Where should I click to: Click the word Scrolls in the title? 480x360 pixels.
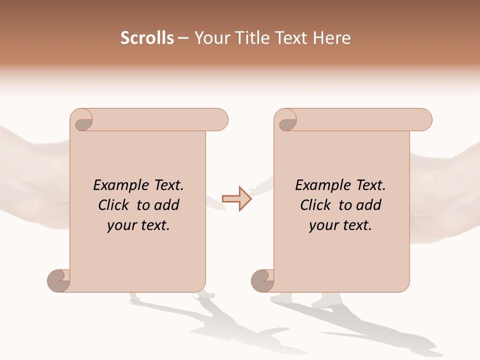147,38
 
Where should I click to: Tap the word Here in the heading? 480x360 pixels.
332,38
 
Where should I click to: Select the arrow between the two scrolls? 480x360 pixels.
237,199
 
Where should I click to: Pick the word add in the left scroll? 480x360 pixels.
167,205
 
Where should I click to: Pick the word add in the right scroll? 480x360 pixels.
369,205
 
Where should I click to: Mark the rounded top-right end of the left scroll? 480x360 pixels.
220,120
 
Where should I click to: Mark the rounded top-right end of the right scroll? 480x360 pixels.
424,120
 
